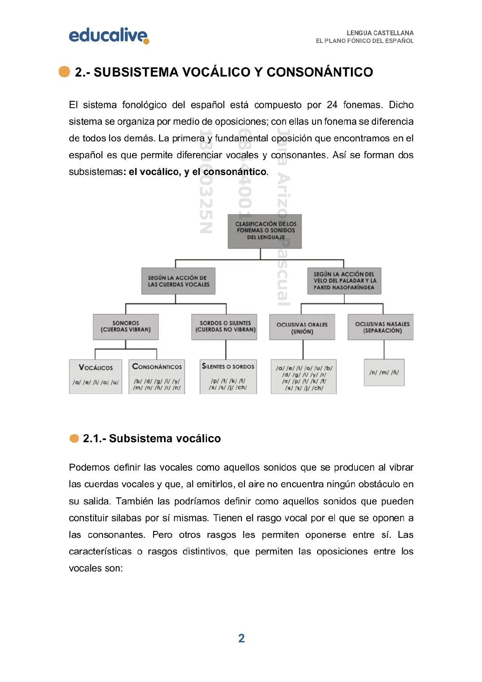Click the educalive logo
click(x=109, y=36)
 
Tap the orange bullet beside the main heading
click(x=64, y=72)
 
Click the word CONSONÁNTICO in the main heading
click(x=320, y=72)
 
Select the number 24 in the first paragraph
click(x=332, y=105)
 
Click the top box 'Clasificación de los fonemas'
click(x=264, y=231)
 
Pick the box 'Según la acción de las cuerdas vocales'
click(x=178, y=281)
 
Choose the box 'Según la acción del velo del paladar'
click(x=344, y=281)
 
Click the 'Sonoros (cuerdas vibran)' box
click(x=126, y=326)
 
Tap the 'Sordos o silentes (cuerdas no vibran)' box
click(x=225, y=326)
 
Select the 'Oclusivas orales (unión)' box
click(x=302, y=327)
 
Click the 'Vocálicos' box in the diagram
click(x=96, y=376)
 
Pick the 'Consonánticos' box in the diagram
click(x=157, y=376)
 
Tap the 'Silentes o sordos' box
click(x=228, y=376)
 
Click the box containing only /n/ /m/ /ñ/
click(x=384, y=372)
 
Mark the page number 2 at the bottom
click(x=241, y=638)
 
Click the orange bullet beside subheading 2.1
click(x=74, y=439)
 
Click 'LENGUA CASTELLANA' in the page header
click(x=380, y=33)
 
